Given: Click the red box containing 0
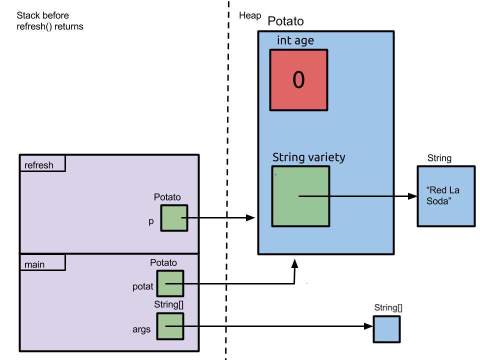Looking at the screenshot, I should pos(298,79).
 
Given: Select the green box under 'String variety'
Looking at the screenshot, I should pos(300,196).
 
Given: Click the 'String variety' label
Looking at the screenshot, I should pos(308,157).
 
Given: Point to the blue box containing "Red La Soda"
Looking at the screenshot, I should pos(446,196).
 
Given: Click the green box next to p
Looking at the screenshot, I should pos(174,218).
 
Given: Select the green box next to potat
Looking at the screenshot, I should pos(170,283).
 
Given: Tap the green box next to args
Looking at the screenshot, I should pos(170,326).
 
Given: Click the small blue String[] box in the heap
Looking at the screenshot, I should pos(386,329).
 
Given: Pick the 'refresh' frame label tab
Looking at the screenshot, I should pos(42,163).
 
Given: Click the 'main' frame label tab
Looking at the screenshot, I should pos(42,262).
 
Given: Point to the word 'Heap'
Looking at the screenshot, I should pos(250,16).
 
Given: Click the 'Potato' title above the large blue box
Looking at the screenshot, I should pos(285,21).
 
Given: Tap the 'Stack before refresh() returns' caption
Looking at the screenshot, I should pos(50,21).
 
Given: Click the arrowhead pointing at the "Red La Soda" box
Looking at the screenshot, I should pos(412,196).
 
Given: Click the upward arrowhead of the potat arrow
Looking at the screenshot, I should pos(295,263).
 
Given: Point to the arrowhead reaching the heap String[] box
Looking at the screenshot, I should pos(368,326).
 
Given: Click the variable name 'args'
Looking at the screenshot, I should pos(141,329).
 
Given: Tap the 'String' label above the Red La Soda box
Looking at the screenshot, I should pos(439,158).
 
